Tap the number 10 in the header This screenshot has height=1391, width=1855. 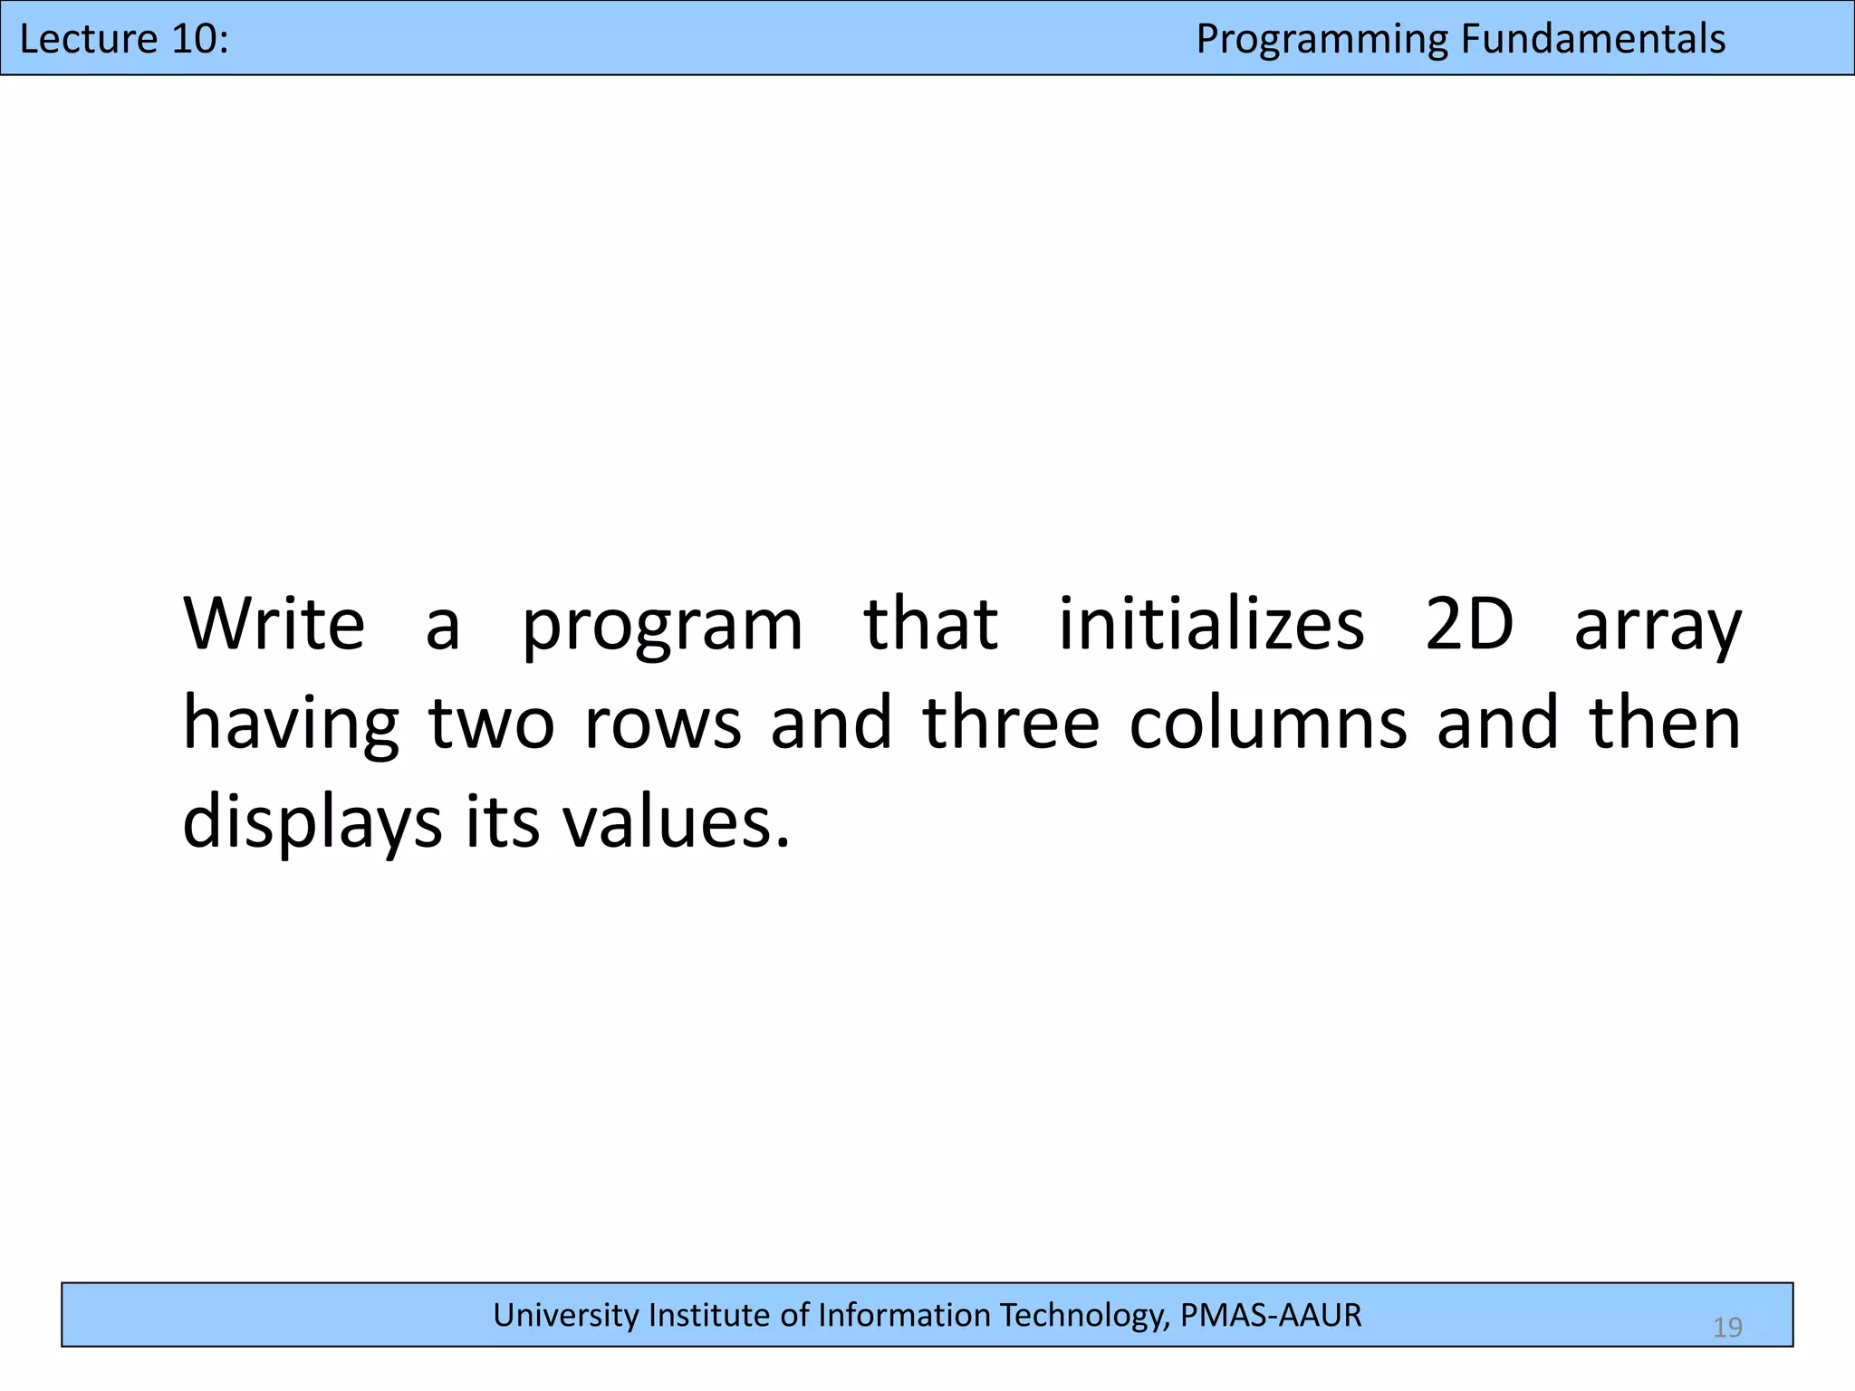[197, 39]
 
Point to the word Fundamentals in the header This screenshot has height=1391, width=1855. [1593, 39]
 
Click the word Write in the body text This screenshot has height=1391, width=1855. [274, 624]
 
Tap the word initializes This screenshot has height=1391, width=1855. [1211, 624]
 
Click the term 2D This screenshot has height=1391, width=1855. [1469, 624]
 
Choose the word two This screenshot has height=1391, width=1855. [491, 724]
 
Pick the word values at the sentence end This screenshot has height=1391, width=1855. [676, 823]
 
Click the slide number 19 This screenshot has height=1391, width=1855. [1727, 1328]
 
